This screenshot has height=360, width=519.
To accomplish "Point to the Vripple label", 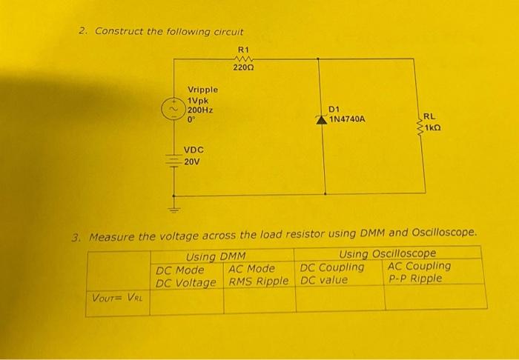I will [x=202, y=90].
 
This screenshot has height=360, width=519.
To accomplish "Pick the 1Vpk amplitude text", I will [x=198, y=100].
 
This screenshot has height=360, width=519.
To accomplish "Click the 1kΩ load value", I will [x=434, y=127].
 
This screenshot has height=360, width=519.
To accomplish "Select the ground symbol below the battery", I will [x=176, y=210].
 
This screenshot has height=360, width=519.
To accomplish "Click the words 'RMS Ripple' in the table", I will [x=258, y=281].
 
